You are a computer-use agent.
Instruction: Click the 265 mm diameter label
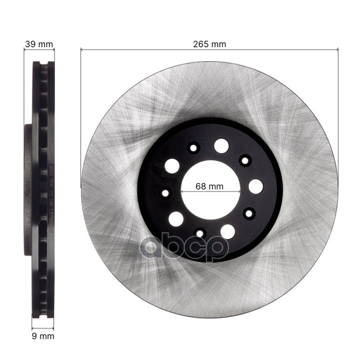[x=209, y=44]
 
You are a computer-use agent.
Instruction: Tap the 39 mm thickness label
[x=39, y=44]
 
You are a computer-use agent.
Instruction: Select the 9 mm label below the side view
[x=42, y=336]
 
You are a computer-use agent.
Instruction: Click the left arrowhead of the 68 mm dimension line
[x=183, y=191]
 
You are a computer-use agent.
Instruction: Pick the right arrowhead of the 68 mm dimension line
[x=238, y=191]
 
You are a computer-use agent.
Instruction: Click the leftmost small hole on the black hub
[x=165, y=193]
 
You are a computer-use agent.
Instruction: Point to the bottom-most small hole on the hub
[x=200, y=233]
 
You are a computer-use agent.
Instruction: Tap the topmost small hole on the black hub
[x=194, y=147]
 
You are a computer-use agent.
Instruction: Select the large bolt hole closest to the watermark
[x=228, y=231]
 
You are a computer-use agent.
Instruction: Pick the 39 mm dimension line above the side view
[x=39, y=50]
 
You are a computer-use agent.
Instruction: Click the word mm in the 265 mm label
[x=218, y=44]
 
